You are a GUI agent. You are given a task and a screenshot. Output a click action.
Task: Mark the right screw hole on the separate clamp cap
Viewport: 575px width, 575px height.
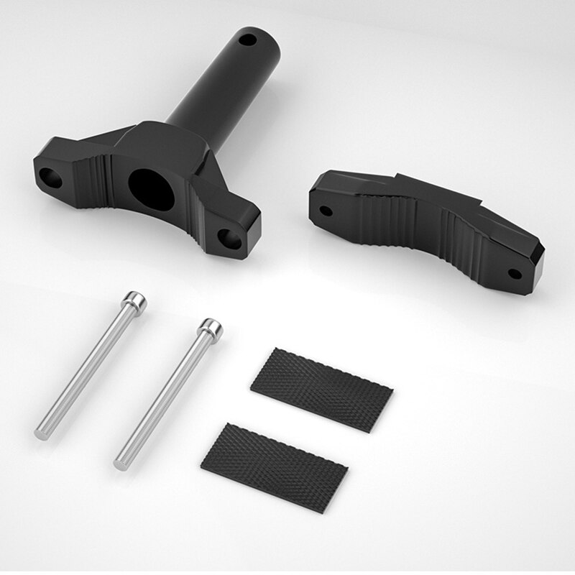tap(515, 273)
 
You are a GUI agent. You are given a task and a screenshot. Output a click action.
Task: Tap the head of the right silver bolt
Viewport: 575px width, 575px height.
tap(211, 328)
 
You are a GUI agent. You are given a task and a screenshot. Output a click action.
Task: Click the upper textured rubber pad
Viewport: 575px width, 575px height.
tap(321, 389)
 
